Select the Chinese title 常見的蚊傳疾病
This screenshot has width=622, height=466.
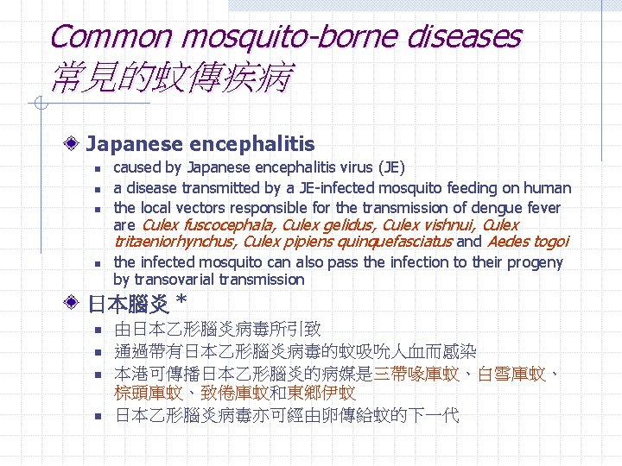point(171,79)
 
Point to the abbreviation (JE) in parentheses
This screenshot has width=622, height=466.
point(389,167)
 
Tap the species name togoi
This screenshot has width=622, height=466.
point(549,242)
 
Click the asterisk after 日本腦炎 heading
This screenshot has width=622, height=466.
point(181,302)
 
